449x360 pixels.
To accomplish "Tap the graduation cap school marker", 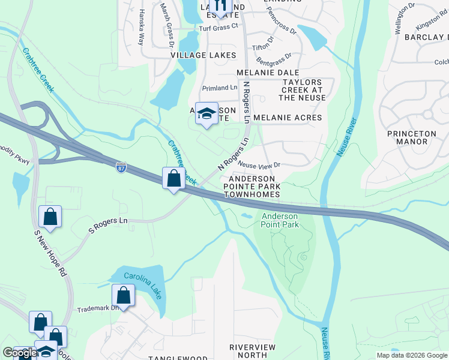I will (206, 113).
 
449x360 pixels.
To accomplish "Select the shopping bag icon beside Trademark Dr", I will (123, 295).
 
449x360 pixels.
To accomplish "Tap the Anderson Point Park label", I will (279, 220).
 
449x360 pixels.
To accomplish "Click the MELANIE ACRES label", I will (288, 118).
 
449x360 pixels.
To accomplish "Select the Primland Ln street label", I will (220, 88).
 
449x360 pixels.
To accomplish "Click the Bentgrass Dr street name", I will (274, 59).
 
